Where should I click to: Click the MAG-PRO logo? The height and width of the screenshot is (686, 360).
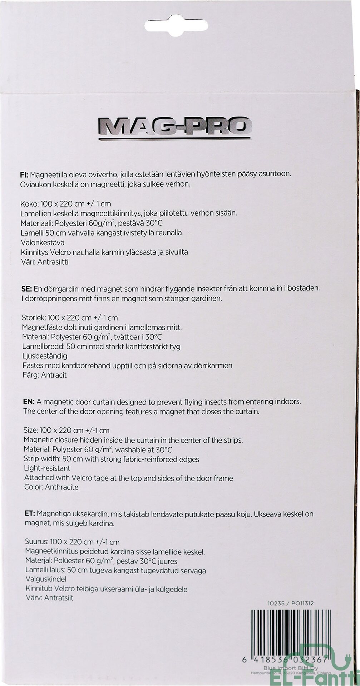click(x=175, y=127)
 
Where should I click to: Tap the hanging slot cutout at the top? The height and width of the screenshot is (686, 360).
click(x=176, y=25)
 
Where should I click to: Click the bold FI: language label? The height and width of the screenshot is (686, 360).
click(x=24, y=175)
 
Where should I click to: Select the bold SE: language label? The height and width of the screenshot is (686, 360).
click(x=26, y=288)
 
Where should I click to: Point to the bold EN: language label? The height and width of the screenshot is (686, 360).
click(x=29, y=402)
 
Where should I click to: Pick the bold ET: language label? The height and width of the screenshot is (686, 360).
click(x=30, y=514)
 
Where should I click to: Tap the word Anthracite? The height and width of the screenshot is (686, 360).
click(x=61, y=487)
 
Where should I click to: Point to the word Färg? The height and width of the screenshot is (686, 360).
click(x=30, y=375)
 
